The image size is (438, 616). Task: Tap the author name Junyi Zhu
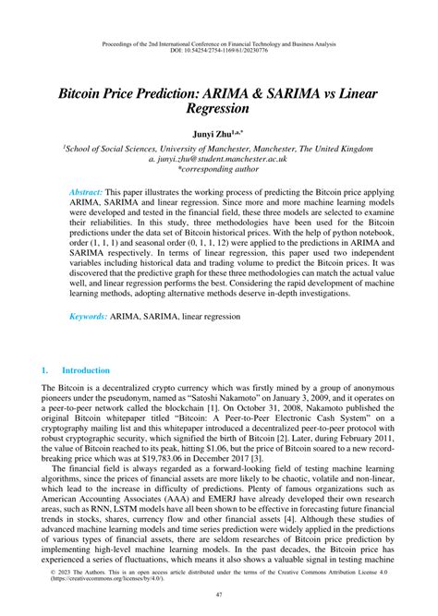[x=214, y=135]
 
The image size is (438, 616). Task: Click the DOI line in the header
[x=219, y=52]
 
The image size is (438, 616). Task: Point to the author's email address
[x=219, y=158]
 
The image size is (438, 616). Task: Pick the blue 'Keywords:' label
[x=91, y=342]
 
